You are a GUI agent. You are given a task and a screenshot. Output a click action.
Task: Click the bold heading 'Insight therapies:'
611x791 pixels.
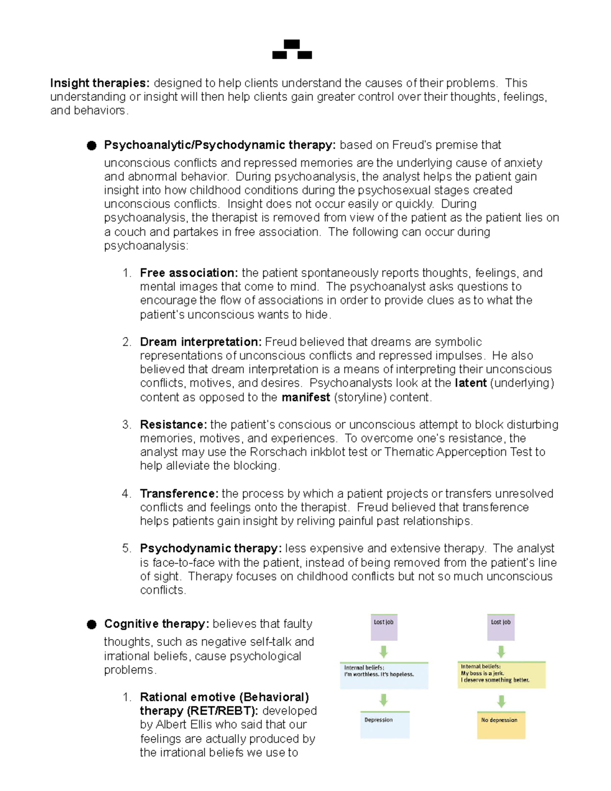(99, 83)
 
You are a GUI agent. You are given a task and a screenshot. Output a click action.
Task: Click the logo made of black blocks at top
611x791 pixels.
(292, 50)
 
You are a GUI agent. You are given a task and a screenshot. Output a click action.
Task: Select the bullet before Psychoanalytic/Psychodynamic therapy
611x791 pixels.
(92, 146)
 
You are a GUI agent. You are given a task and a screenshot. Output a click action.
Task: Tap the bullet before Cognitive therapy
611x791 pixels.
(92, 624)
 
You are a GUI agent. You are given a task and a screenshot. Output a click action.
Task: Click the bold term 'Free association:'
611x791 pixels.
(189, 273)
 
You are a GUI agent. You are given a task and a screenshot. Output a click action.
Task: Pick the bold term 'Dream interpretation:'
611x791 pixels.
(201, 342)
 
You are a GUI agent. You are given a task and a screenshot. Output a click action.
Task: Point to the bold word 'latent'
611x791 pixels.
(470, 383)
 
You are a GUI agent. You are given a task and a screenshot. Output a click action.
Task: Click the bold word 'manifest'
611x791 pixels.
(305, 397)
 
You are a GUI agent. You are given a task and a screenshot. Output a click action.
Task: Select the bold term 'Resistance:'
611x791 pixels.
(173, 425)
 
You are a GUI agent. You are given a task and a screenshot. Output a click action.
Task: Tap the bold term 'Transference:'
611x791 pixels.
(179, 494)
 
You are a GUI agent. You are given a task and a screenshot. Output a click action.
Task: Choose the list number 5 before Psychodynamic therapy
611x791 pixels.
(126, 549)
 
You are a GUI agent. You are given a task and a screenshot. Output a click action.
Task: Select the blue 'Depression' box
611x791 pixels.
(384, 725)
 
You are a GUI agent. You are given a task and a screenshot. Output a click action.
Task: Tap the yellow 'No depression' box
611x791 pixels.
(501, 725)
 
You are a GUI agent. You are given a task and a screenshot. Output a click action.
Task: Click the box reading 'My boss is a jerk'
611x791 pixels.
(502, 675)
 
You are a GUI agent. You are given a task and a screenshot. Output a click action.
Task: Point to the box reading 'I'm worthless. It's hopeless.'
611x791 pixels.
(384, 675)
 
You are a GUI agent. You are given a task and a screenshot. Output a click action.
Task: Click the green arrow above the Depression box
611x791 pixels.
(384, 700)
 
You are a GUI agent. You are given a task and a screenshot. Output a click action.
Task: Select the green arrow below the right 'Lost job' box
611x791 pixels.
(501, 651)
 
